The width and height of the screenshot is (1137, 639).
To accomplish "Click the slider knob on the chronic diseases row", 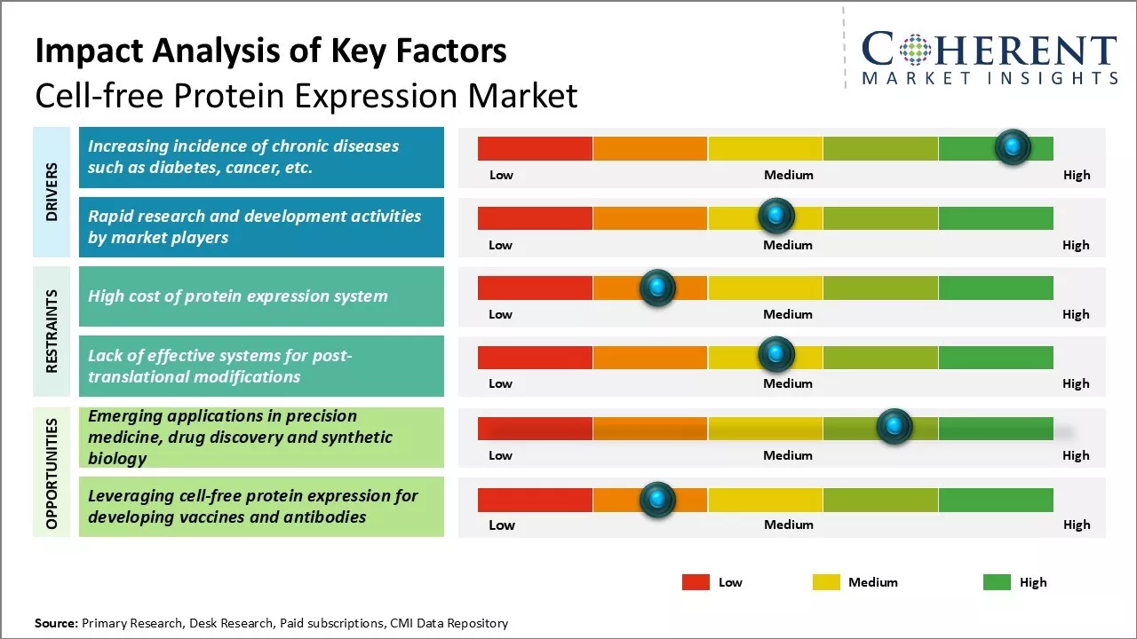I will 1013,147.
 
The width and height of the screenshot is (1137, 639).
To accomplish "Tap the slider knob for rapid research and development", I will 776,217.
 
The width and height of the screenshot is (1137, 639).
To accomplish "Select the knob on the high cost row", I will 657,287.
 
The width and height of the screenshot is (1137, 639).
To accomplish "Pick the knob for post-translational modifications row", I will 776,355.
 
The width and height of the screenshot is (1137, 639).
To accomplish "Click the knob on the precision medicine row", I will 894,427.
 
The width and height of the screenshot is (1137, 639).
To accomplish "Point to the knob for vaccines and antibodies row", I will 657,500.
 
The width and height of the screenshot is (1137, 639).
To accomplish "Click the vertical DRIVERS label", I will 52,192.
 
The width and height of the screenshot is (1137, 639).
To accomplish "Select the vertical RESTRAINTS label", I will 52,331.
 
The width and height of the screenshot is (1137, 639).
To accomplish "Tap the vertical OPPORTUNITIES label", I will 52,473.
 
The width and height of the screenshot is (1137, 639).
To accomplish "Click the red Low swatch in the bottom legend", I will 696,582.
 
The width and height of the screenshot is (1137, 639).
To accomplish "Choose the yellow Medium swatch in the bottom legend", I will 826,582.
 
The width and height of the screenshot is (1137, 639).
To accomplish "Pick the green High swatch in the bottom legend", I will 997,582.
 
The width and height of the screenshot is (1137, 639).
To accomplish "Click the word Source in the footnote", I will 55,623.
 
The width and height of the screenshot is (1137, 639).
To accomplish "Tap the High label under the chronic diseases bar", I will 1077,175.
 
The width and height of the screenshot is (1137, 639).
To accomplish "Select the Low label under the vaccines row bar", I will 502,525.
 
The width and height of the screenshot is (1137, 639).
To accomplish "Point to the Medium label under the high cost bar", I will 788,314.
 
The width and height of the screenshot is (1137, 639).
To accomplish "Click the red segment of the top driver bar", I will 535,148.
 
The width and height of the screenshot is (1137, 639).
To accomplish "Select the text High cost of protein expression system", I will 237,296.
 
